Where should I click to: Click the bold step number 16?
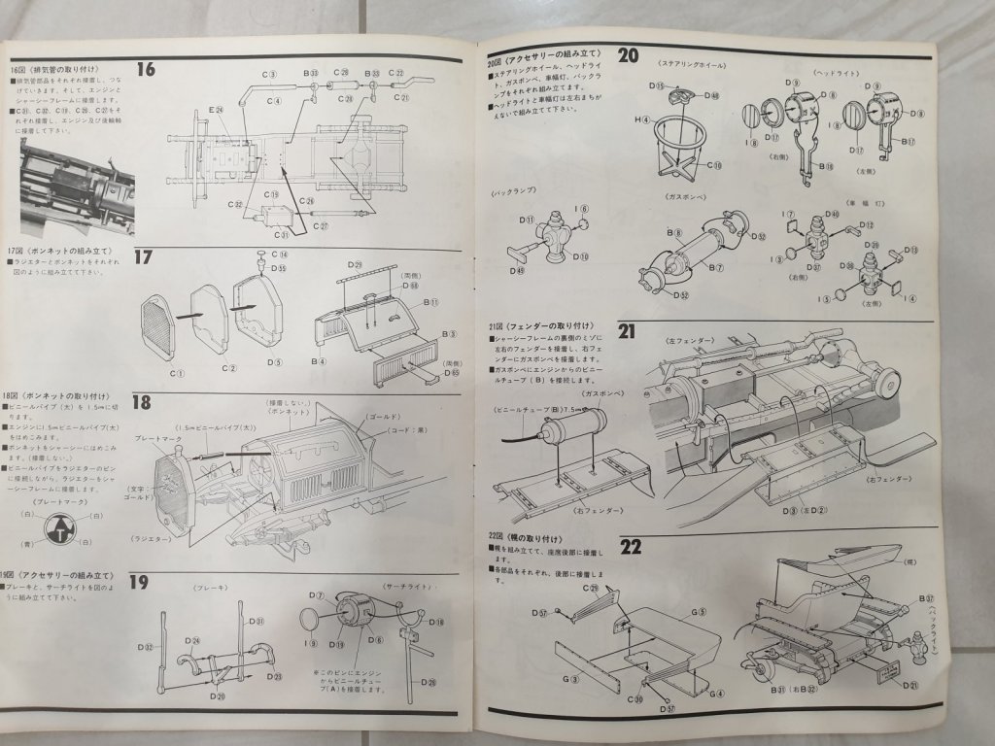[146, 69]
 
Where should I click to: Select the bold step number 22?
[631, 546]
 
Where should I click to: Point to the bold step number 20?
[628, 55]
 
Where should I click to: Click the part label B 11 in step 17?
[430, 304]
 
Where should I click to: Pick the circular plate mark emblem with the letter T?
[61, 530]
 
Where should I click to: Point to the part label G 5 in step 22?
[699, 612]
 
